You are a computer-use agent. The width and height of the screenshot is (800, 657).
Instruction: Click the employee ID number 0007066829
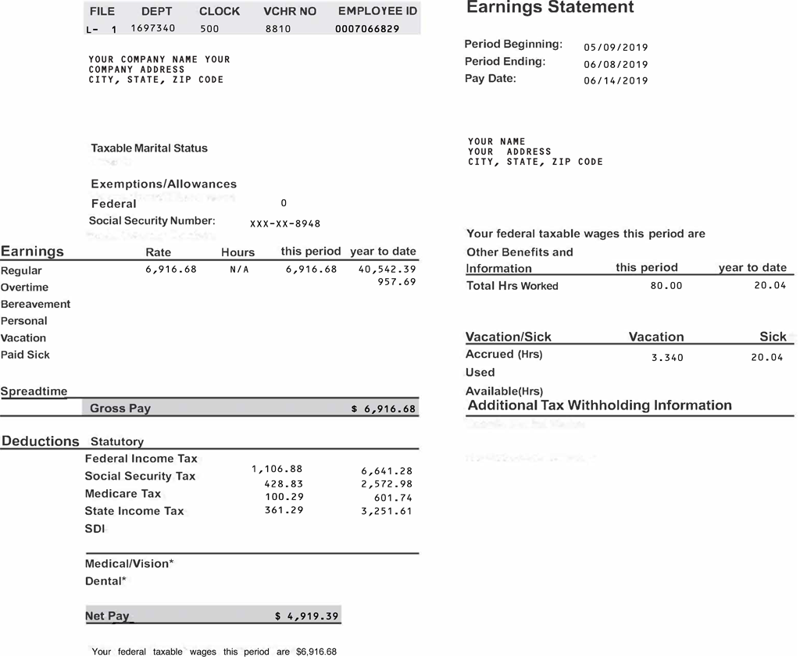[366, 29]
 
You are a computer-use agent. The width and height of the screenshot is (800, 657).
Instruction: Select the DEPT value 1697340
[152, 28]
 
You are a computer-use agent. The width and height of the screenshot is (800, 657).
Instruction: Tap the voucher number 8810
[277, 29]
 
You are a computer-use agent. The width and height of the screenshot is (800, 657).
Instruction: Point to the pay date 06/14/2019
[616, 80]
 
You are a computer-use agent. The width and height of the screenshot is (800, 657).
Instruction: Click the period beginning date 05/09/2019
[616, 48]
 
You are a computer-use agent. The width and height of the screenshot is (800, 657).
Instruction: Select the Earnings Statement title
[550, 8]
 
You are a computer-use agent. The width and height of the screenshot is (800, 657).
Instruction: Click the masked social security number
[285, 224]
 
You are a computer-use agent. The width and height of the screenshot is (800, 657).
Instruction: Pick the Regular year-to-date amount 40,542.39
[387, 270]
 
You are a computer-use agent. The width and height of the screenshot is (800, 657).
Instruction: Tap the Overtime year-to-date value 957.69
[396, 282]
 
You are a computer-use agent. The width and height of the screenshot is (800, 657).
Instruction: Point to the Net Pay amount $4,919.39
[306, 616]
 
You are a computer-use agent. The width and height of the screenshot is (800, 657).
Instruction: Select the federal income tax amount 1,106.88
[277, 470]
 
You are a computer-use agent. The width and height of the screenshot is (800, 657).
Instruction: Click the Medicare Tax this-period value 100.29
[284, 497]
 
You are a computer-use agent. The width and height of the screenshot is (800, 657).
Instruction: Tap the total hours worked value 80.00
[666, 286]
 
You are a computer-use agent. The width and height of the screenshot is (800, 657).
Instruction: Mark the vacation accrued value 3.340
[667, 358]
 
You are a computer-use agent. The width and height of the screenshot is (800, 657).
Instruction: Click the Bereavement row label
[35, 304]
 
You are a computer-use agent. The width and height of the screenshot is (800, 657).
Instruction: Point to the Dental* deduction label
[105, 581]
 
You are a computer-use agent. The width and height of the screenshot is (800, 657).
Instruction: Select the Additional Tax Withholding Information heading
[599, 405]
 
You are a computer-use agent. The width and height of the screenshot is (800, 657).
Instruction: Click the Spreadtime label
[34, 391]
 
